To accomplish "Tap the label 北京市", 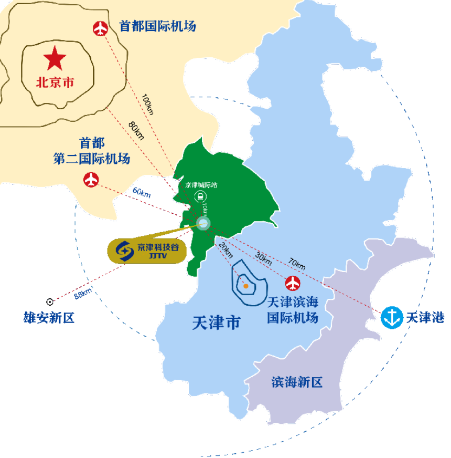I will coord(55,83).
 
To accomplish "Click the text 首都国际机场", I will coord(157,26).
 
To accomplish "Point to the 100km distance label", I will coord(148,104).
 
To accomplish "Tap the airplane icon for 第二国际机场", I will coord(91,180).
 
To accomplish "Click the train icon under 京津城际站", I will coord(199,197).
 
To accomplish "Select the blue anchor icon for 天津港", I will coord(390,317).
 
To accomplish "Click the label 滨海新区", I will coord(297,382).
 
